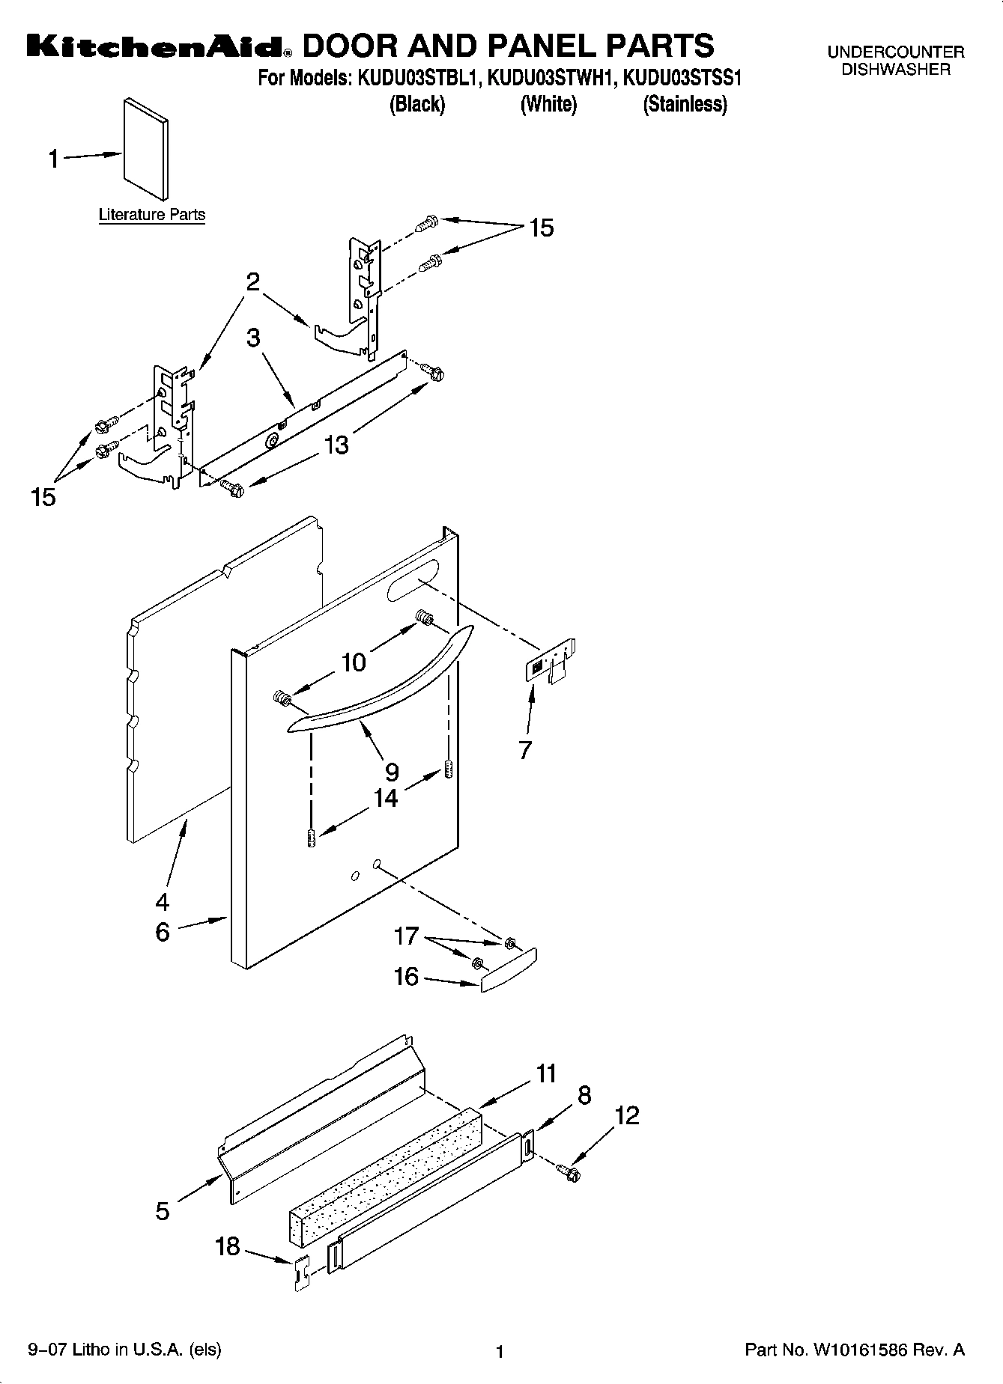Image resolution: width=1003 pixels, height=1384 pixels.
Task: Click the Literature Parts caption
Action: pyautogui.click(x=152, y=215)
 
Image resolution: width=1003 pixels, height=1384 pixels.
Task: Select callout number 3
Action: pyautogui.click(x=254, y=338)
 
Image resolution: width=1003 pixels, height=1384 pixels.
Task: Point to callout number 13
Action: pyautogui.click(x=336, y=445)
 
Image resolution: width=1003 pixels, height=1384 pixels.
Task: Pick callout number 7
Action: pyautogui.click(x=525, y=749)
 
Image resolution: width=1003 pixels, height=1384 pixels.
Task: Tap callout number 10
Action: pyautogui.click(x=354, y=662)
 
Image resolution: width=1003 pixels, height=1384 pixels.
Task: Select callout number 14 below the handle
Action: pyautogui.click(x=385, y=798)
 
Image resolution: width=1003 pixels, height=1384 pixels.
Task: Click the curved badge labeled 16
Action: pyautogui.click(x=509, y=970)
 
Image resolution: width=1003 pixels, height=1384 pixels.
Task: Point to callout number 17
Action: pyautogui.click(x=406, y=936)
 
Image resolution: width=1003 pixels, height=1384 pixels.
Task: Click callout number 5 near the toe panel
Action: pyautogui.click(x=163, y=1210)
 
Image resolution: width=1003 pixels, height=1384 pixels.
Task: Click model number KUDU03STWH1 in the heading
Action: pyautogui.click(x=551, y=78)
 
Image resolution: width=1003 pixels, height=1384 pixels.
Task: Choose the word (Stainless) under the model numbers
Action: pyautogui.click(x=685, y=104)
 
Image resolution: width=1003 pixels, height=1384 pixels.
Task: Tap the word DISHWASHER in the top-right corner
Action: pyautogui.click(x=895, y=70)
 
